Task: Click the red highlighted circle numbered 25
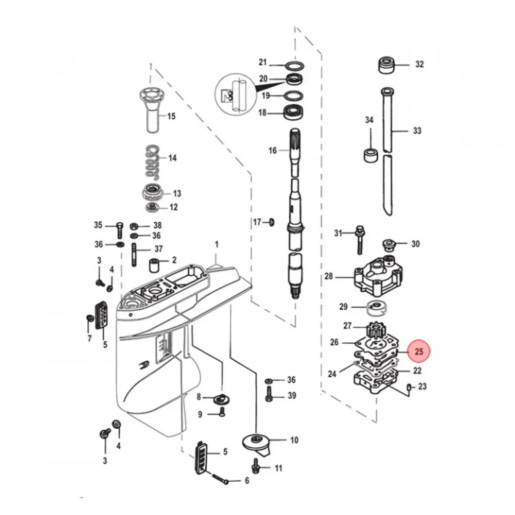tap(419, 351)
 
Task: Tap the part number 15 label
tap(171, 116)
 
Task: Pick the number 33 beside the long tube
tap(417, 130)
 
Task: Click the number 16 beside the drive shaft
tap(273, 151)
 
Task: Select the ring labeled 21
tap(295, 66)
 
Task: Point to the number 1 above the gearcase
tap(217, 245)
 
